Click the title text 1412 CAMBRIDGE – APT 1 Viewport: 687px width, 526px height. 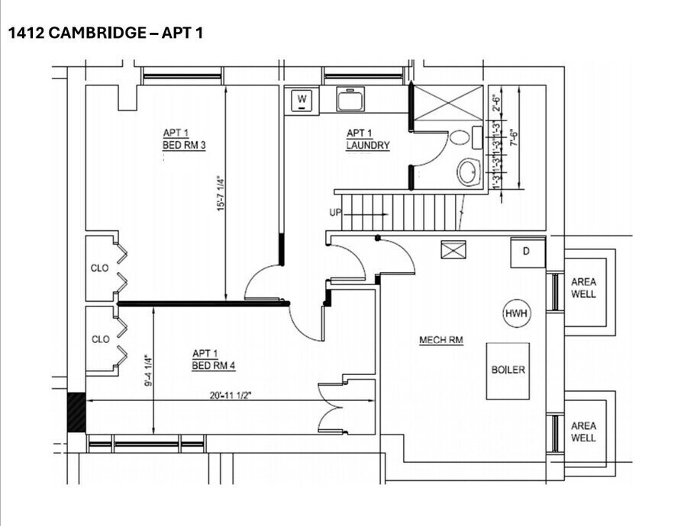[105, 33]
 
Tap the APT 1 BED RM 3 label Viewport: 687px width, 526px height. [184, 140]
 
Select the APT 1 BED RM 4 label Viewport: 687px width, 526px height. [214, 359]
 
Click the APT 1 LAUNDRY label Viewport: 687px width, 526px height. [368, 140]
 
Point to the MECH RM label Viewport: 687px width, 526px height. [441, 340]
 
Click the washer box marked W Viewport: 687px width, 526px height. [302, 100]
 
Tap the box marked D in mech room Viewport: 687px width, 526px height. [527, 252]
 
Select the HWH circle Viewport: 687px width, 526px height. [516, 313]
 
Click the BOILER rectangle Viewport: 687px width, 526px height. [508, 370]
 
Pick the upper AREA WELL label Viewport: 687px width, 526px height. [584, 288]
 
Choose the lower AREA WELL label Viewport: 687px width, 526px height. [584, 432]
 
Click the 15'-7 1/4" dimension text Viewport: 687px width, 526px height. [220, 194]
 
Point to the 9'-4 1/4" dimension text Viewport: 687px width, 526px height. [147, 369]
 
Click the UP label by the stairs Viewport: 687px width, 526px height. [335, 213]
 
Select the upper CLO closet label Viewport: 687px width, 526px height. [100, 268]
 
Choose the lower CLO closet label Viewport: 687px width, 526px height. [100, 339]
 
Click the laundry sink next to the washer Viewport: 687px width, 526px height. [350, 99]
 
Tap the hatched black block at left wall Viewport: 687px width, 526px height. [76, 412]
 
